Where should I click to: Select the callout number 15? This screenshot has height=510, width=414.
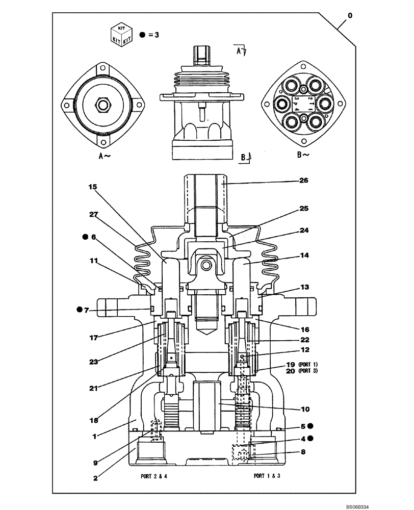92,187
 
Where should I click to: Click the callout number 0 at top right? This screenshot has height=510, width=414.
350,16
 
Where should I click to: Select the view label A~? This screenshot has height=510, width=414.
104,156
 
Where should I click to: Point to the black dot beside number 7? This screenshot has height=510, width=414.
80,310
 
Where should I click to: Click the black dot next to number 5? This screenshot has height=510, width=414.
310,426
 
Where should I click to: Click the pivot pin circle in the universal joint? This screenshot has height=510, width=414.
206,266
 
